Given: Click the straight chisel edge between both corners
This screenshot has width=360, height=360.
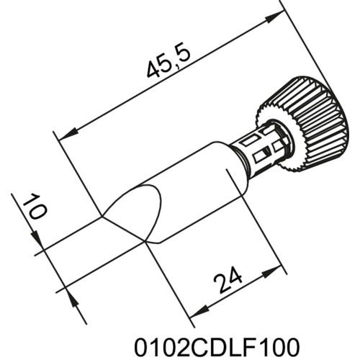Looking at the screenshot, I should (x=123, y=228).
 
